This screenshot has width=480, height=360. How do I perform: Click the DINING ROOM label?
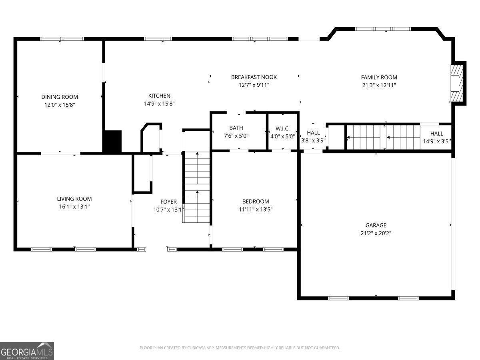tap(60, 97)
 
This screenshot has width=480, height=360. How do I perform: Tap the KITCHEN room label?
tap(159, 96)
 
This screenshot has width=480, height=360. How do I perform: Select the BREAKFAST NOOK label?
tap(254, 77)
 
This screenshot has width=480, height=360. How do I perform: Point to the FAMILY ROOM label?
tap(379, 77)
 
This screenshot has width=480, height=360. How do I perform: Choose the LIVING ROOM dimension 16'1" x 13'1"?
tap(74, 207)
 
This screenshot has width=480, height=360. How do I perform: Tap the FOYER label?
tap(168, 202)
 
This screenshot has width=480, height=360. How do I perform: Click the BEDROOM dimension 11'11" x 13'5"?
tap(255, 209)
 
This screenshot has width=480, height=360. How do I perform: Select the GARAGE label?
tap(376, 225)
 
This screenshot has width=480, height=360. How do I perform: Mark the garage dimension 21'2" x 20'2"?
tap(376, 233)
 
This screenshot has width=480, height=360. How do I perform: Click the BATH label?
tap(236, 128)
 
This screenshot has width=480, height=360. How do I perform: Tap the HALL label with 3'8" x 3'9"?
tap(313, 132)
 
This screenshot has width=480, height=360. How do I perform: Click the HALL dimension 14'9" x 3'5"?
tap(436, 141)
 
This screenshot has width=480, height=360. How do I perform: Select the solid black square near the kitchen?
tap(112, 141)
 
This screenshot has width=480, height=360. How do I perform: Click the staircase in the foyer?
tap(196, 187)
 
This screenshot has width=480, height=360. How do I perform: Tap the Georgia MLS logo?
tap(27, 351)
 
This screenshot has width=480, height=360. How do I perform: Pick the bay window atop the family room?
tap(383, 29)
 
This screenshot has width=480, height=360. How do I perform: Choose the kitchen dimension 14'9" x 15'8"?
tap(159, 104)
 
